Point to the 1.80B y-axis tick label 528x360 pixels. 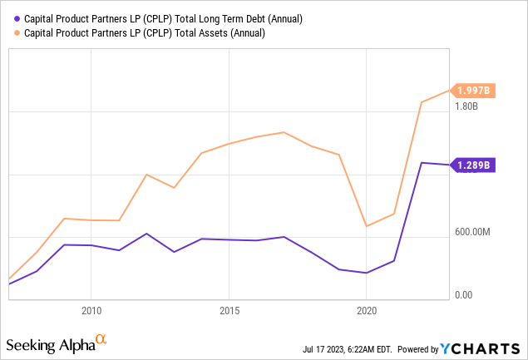tap(468, 106)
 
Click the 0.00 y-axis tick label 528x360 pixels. tap(463, 295)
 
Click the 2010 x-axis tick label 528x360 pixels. tap(91, 311)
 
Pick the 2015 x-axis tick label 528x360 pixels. tap(229, 311)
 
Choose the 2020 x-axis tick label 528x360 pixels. tap(367, 311)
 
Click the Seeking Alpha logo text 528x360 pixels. tap(50, 343)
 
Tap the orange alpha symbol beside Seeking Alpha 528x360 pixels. tap(101, 339)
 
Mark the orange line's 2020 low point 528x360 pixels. tap(367, 226)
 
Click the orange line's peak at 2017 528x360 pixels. tap(284, 132)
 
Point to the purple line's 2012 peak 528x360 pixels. tap(146, 234)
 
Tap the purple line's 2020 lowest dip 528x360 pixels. tap(367, 273)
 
